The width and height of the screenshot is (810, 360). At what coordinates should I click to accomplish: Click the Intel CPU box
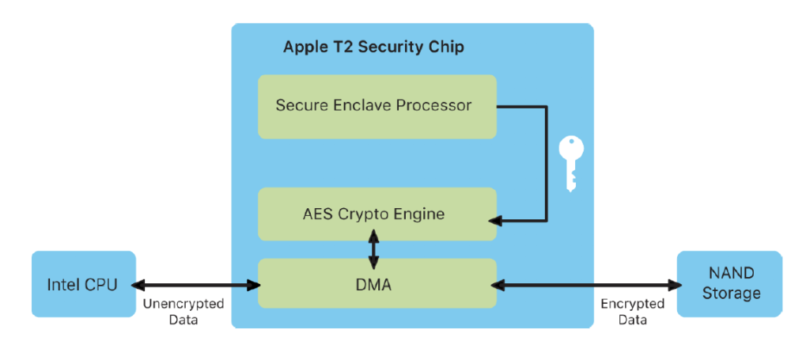(x=83, y=284)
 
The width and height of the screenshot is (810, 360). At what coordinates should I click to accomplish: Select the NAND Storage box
(x=729, y=284)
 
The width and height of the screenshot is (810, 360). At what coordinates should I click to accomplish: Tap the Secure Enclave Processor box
(x=377, y=106)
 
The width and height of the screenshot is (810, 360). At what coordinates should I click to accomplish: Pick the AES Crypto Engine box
(x=377, y=214)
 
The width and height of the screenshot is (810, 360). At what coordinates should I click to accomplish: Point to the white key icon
(x=570, y=163)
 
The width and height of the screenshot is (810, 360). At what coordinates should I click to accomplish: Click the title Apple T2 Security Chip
(x=373, y=47)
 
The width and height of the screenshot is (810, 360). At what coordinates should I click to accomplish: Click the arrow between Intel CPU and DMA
(x=197, y=284)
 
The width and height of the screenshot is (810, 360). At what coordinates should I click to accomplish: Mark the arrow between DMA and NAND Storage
(x=587, y=284)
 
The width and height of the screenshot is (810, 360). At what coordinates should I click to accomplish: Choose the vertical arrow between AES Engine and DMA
(x=373, y=249)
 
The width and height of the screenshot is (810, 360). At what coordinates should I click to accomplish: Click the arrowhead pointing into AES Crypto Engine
(x=502, y=218)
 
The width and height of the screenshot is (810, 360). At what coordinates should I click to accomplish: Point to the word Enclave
(x=358, y=105)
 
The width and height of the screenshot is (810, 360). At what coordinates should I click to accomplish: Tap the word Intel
(x=62, y=284)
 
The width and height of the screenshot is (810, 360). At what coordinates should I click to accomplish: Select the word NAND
(x=729, y=274)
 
